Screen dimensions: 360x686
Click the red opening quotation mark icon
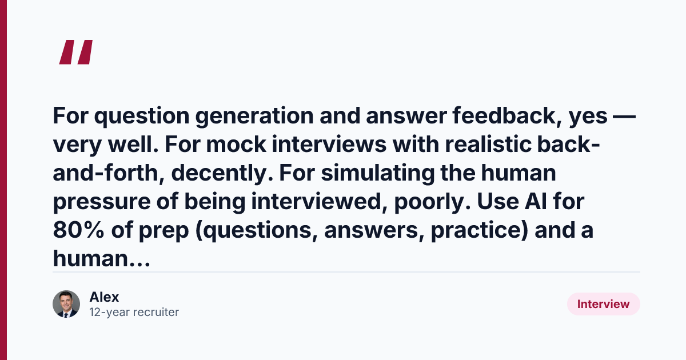[76, 52]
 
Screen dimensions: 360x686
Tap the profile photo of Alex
[66, 304]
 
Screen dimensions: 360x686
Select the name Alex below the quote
[104, 297]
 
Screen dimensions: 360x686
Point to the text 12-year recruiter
[134, 312]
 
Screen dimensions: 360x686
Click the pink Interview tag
[603, 304]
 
